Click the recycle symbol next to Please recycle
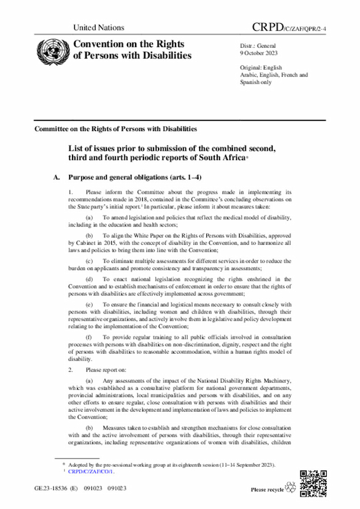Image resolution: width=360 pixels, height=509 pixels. tap(291, 488)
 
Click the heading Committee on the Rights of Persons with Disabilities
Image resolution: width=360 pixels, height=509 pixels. tap(115, 128)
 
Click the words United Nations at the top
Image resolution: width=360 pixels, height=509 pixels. tap(98, 28)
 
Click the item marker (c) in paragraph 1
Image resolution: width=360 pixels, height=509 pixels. tap(89, 261)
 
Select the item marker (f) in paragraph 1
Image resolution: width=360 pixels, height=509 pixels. tap(89, 337)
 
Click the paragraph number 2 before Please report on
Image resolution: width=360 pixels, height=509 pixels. tap(71, 370)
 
